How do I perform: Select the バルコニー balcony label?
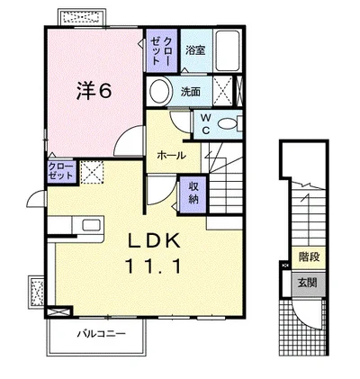click(99, 334)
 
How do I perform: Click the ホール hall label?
click(171, 155)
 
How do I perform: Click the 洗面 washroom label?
click(190, 91)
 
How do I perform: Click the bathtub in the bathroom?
click(228, 52)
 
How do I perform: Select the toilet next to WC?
click(227, 122)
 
